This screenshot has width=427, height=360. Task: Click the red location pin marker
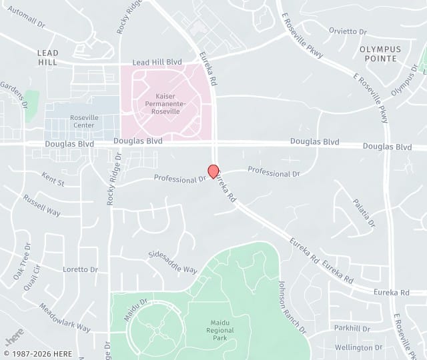pyautogui.click(x=213, y=171)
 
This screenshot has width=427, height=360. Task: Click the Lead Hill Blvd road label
pyautogui.click(x=157, y=62)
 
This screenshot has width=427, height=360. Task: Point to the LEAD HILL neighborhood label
pyautogui.click(x=48, y=57)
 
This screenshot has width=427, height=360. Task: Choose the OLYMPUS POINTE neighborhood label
pyautogui.click(x=380, y=54)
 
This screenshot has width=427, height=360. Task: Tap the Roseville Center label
pyautogui.click(x=84, y=121)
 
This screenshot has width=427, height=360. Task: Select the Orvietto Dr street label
pyautogui.click(x=348, y=31)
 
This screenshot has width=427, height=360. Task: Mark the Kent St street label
pyautogui.click(x=53, y=181)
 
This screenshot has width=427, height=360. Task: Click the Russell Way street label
pyautogui.click(x=41, y=206)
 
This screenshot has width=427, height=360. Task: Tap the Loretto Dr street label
pyautogui.click(x=80, y=269)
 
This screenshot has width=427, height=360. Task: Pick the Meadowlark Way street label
pyautogui.click(x=64, y=318)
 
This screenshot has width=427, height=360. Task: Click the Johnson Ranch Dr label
pyautogui.click(x=292, y=307)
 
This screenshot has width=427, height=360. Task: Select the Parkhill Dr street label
pyautogui.click(x=352, y=328)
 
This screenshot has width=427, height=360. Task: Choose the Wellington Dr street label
pyautogui.click(x=358, y=347)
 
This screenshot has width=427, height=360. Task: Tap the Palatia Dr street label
pyautogui.click(x=364, y=212)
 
